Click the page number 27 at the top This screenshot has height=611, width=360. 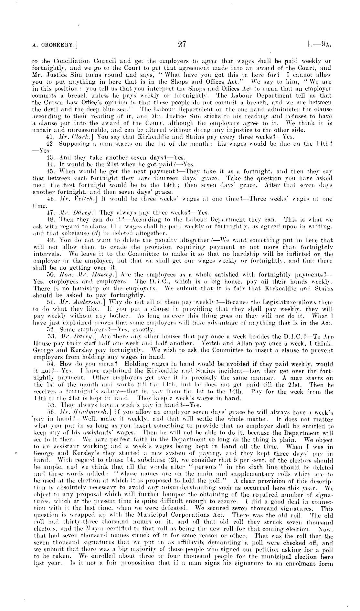coord(181,45)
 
